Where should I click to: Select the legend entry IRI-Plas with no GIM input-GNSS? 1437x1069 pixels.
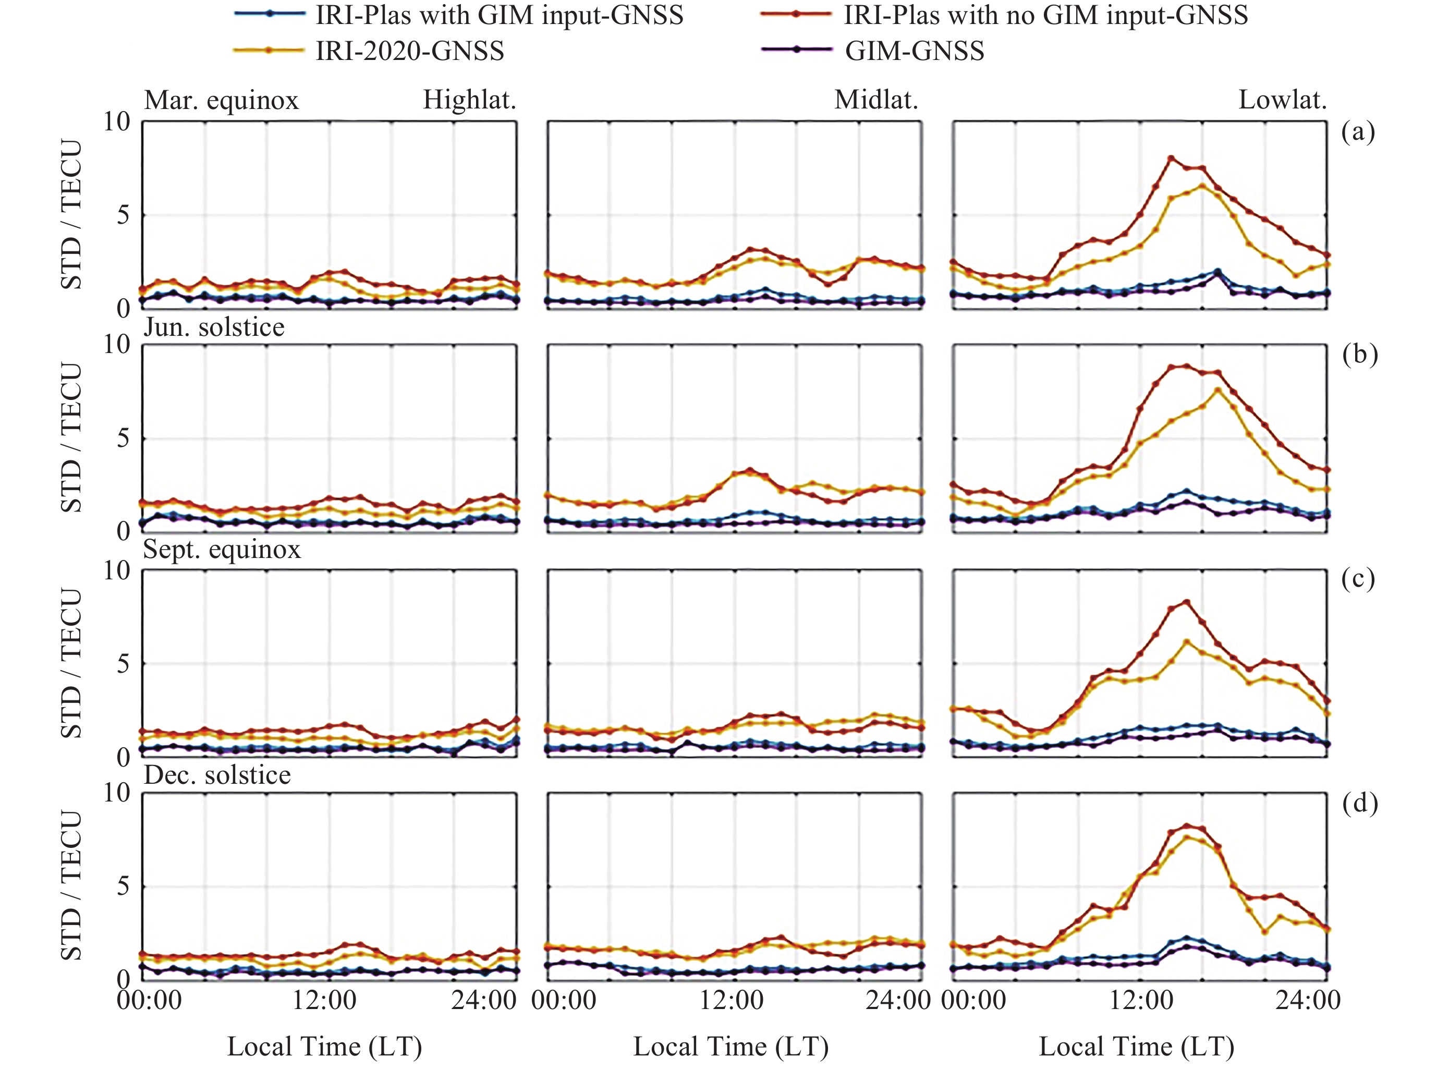[1045, 15]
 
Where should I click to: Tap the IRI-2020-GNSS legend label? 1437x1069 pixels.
[409, 51]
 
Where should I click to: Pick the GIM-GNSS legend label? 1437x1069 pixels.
[914, 51]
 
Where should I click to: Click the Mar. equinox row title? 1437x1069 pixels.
[221, 100]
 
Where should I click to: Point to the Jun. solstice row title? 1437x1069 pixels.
[214, 327]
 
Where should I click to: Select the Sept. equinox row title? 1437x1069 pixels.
[222, 550]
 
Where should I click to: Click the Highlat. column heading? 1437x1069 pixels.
[469, 100]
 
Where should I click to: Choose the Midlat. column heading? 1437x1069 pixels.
[876, 100]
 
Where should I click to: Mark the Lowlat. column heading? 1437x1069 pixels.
[1282, 100]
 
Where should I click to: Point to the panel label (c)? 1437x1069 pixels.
[1358, 578]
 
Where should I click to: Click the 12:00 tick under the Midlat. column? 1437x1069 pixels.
[732, 1000]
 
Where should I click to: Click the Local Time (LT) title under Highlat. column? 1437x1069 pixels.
[325, 1047]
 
